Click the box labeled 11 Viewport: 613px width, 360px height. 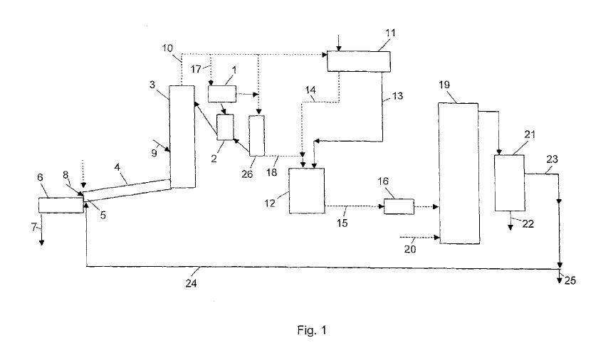(359, 61)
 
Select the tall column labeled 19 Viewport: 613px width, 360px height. (459, 173)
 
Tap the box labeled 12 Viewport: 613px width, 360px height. (306, 191)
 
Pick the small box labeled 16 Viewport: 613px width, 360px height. (399, 207)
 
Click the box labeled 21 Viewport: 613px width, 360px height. (510, 182)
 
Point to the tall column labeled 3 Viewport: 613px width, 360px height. (182, 136)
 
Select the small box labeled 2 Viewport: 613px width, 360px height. (225, 127)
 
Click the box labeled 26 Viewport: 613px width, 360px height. (256, 134)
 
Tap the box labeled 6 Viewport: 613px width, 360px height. (61, 205)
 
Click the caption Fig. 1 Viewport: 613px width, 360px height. (312, 330)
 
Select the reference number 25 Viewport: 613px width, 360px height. (570, 280)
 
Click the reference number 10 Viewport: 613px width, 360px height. (167, 48)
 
